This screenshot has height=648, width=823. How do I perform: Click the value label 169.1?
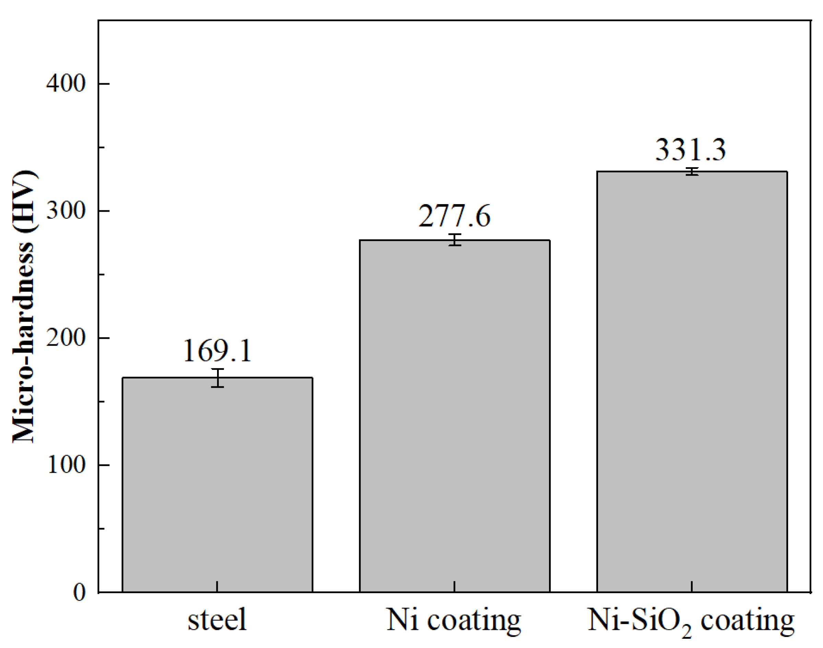point(217,351)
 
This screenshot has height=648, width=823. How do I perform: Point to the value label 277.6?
point(454,216)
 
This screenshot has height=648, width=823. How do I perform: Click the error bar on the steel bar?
point(218,378)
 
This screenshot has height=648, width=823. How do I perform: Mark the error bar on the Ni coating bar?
point(455,240)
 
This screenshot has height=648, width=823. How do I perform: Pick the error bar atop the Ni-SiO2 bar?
point(692,172)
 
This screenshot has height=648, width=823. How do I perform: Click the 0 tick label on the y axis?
point(79,592)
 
